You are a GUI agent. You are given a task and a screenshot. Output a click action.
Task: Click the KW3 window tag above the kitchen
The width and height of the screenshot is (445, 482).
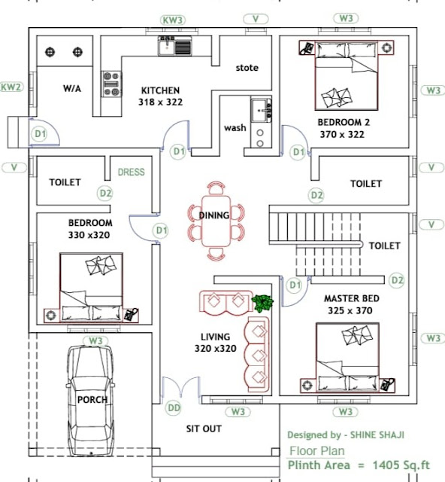(174, 19)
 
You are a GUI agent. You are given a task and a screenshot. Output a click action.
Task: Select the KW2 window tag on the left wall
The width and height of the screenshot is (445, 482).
(11, 87)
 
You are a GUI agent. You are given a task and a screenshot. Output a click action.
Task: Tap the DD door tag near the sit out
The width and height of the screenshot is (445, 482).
(174, 407)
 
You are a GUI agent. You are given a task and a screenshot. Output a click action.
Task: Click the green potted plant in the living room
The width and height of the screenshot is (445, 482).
(263, 304)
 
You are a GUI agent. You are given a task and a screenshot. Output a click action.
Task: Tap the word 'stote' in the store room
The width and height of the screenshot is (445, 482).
(247, 68)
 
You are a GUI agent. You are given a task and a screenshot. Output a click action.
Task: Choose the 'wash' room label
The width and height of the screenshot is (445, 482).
(235, 128)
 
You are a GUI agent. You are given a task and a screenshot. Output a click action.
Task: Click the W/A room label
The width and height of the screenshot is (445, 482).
(71, 88)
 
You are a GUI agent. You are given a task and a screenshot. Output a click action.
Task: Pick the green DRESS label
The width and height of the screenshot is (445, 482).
(131, 172)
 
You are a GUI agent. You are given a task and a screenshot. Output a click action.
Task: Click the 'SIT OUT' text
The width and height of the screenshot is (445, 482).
(204, 429)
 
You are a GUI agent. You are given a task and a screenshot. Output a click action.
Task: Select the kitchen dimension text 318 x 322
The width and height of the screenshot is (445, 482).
(161, 102)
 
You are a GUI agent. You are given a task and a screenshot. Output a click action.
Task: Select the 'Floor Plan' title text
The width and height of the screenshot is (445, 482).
(317, 451)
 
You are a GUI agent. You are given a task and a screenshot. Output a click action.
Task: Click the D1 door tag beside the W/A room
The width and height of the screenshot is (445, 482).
(40, 133)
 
